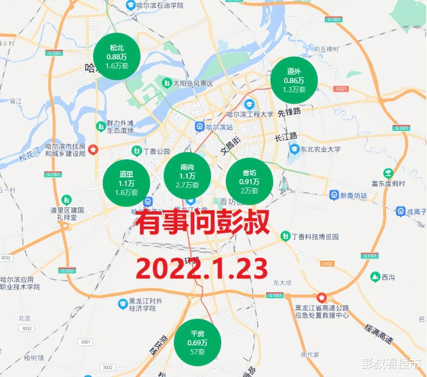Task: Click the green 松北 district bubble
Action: click(x=117, y=56)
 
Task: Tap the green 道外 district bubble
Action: click(x=294, y=80)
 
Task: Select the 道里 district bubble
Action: click(x=126, y=183)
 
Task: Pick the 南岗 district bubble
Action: click(x=187, y=176)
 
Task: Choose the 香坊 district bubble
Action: click(x=249, y=182)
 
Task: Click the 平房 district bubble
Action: click(x=197, y=342)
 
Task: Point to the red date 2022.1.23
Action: click(x=202, y=269)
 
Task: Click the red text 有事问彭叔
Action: click(x=202, y=224)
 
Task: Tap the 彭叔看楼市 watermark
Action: click(x=391, y=364)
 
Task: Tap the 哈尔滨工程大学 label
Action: click(x=250, y=114)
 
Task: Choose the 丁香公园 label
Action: click(x=156, y=151)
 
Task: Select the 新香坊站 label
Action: click(x=353, y=195)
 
